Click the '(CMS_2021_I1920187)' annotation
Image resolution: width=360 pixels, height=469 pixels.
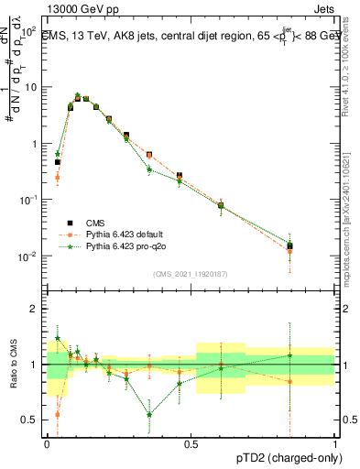[190, 274]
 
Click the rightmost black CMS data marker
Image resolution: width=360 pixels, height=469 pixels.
[289, 245]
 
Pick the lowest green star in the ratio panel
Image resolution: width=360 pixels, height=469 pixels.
[149, 415]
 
